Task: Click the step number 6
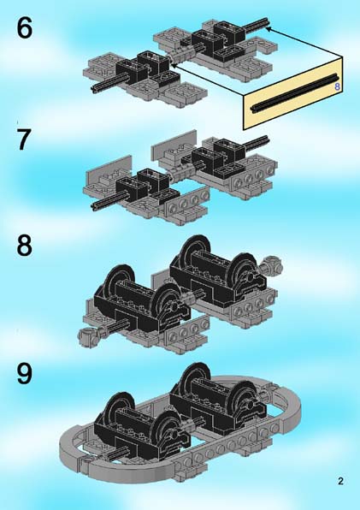(25, 27)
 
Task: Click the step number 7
(24, 139)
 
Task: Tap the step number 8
(25, 245)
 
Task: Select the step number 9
(25, 373)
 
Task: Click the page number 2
(340, 481)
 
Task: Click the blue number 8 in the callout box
(337, 86)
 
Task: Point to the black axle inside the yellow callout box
(294, 93)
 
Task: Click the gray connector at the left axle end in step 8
(88, 336)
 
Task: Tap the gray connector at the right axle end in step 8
(272, 264)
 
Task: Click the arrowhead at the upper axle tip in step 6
(269, 29)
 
